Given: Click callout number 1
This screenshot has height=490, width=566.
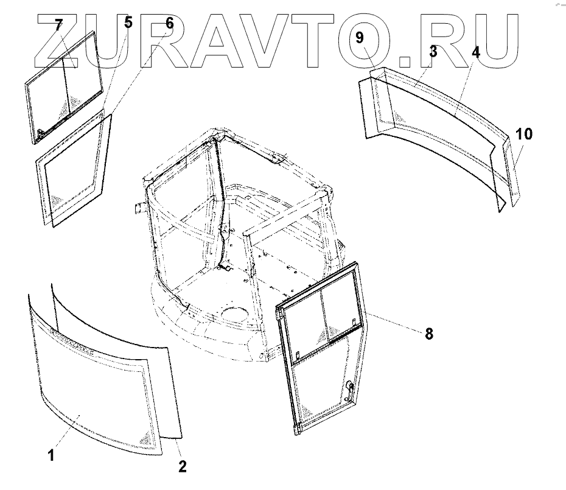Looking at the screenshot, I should click(x=51, y=455).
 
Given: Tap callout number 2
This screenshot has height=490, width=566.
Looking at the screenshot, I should click(x=182, y=467).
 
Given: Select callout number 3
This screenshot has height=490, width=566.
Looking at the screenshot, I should click(x=433, y=52).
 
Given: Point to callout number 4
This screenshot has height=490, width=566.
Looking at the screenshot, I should click(x=476, y=52).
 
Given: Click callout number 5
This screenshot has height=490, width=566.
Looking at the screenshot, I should click(x=127, y=23).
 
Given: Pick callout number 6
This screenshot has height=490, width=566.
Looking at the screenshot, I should click(x=169, y=23).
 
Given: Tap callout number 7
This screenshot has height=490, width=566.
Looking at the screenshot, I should click(x=58, y=26).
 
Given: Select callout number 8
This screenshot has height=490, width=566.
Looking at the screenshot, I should click(x=429, y=334).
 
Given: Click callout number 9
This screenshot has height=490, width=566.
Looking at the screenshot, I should click(x=360, y=38).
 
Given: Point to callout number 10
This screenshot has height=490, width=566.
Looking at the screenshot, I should click(x=524, y=134).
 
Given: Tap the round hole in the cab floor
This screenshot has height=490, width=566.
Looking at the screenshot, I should click(x=234, y=315).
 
